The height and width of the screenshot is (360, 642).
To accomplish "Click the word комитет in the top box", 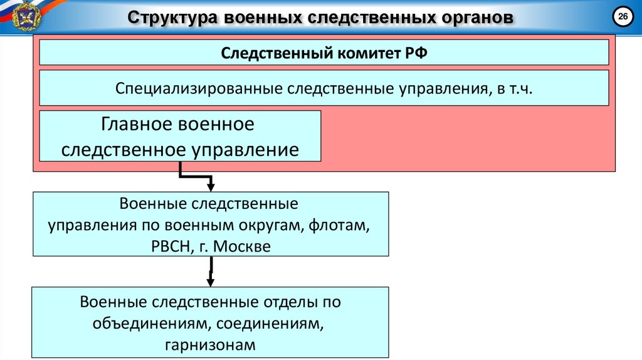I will pyautogui.click(x=364, y=52).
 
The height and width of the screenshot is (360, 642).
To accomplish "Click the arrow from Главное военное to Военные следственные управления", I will pyautogui.click(x=196, y=176).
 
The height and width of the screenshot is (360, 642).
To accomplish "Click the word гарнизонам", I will pyautogui.click(x=211, y=344).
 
